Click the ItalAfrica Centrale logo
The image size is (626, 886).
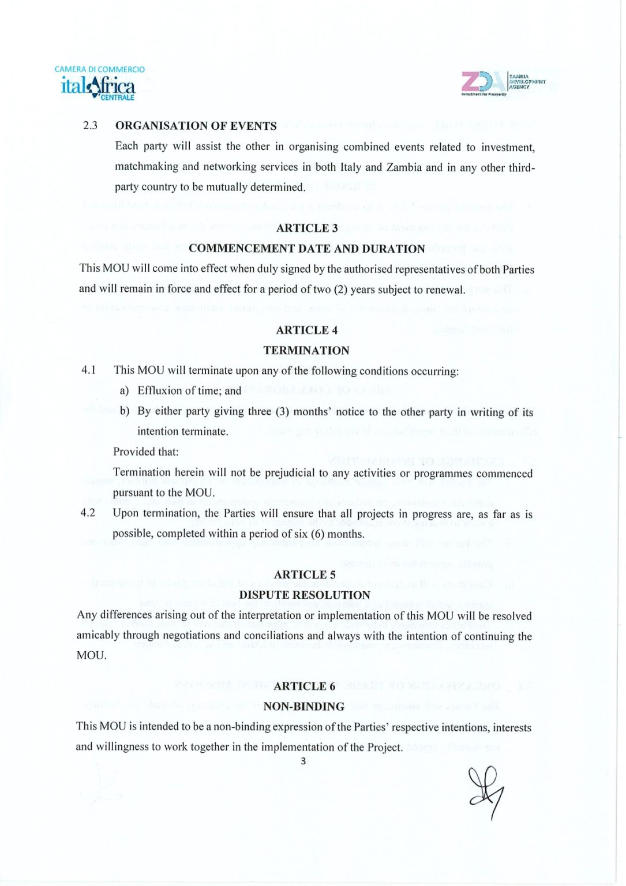coord(99,84)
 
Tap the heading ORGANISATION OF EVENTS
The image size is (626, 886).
coord(196,126)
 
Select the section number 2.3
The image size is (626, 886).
coord(90,126)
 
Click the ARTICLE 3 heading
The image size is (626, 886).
coord(307,228)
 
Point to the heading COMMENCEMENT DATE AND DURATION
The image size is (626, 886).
coord(306,249)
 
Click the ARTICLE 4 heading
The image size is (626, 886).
coord(306,330)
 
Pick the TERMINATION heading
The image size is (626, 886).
coord(306,351)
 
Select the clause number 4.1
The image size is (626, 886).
coord(88,370)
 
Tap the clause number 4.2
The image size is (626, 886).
coord(88,513)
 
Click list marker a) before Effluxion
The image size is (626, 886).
coord(124,391)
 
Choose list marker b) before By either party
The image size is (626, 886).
coord(125,411)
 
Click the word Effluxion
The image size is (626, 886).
coord(159,391)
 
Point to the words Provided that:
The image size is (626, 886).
coord(146,452)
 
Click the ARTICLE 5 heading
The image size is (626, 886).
coord(305,575)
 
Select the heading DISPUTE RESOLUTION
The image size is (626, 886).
coord(305,595)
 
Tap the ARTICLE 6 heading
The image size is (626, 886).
coord(304,686)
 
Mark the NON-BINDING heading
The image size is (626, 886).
coord(304,707)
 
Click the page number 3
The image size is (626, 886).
coord(303,761)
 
